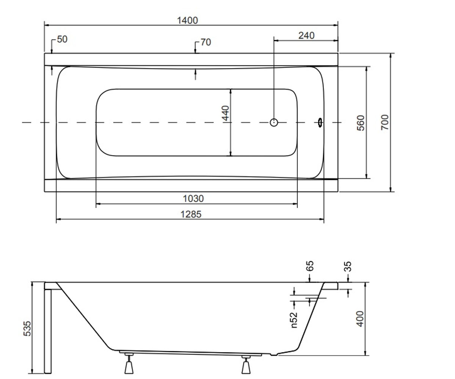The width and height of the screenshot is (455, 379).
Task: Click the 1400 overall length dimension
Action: click(x=187, y=20)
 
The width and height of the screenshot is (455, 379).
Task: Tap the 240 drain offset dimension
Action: click(x=306, y=36)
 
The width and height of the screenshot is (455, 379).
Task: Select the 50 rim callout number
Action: click(x=62, y=39)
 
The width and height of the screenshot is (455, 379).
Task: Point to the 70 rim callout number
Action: click(x=206, y=42)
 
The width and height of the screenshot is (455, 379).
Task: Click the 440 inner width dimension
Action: click(x=226, y=113)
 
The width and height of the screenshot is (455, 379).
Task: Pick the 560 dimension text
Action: click(x=361, y=123)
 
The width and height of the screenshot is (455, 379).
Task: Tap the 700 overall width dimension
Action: click(x=385, y=122)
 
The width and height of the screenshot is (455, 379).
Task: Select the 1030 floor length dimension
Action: click(x=193, y=199)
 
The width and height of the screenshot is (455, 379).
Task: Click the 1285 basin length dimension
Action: click(x=191, y=215)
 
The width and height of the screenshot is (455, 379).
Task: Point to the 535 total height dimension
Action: click(x=27, y=329)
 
